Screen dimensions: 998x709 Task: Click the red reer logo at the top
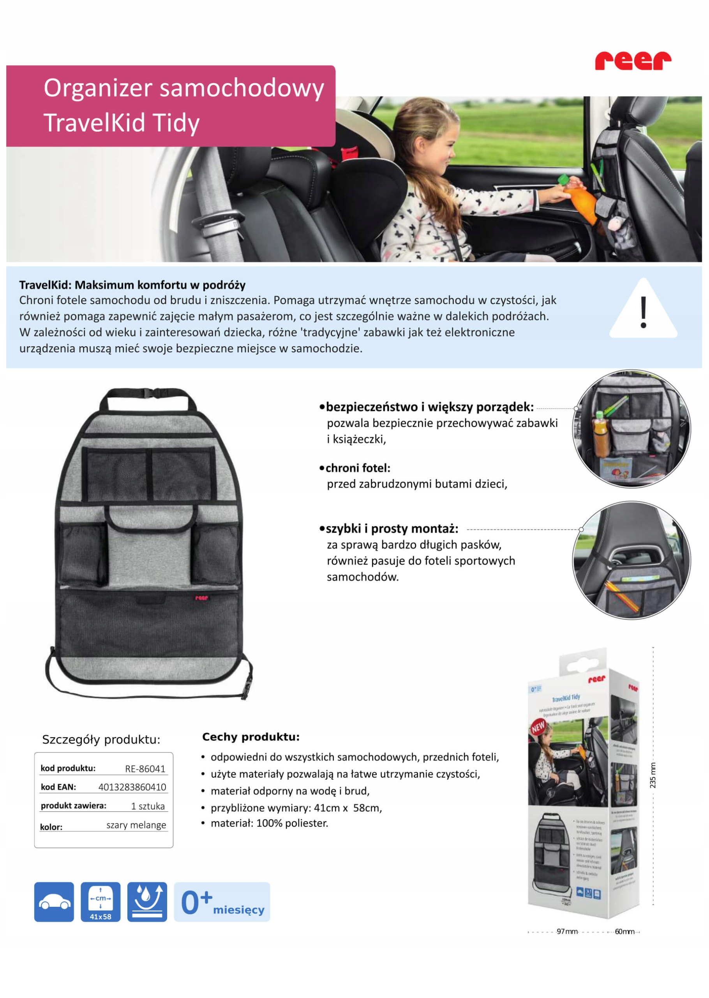[633, 61]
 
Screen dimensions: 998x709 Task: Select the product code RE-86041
[145, 769]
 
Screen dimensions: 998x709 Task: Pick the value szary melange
[136, 825]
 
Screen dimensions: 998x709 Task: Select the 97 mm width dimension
[567, 932]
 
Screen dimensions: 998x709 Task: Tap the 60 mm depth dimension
[625, 932]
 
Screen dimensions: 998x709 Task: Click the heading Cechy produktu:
[250, 737]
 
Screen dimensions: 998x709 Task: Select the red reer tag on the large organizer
[201, 598]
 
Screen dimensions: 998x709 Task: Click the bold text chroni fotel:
[358, 468]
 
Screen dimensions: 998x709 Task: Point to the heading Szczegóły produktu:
[101, 740]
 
